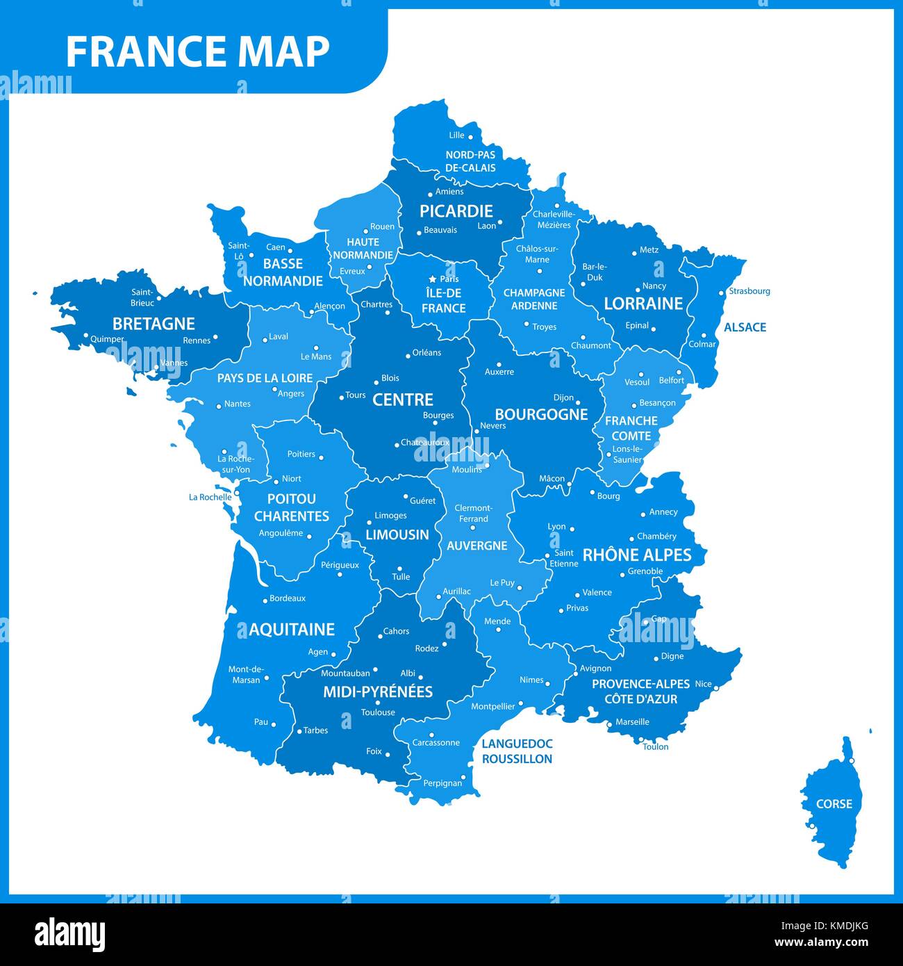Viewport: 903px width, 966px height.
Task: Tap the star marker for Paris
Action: pyautogui.click(x=432, y=279)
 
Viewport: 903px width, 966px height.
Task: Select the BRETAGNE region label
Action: pyautogui.click(x=154, y=324)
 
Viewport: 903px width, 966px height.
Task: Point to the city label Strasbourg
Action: pyautogui.click(x=749, y=291)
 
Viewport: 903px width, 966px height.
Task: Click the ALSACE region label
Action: pyautogui.click(x=745, y=327)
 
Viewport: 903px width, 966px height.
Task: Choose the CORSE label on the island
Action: pyautogui.click(x=834, y=804)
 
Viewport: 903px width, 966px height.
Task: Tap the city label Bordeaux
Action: pyautogui.click(x=288, y=598)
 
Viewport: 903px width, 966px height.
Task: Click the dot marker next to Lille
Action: pyautogui.click(x=470, y=137)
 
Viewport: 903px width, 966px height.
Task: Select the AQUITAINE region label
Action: pyautogui.click(x=292, y=630)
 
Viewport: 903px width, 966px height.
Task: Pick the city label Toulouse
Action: pyautogui.click(x=378, y=712)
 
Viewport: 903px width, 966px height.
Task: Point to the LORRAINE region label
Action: pyautogui.click(x=643, y=304)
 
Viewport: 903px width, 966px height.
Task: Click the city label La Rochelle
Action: pyautogui.click(x=210, y=498)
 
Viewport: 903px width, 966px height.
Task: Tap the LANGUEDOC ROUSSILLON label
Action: pyautogui.click(x=517, y=751)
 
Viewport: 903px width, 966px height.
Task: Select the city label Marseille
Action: pyautogui.click(x=632, y=722)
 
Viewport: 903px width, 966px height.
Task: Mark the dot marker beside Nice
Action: pyautogui.click(x=718, y=685)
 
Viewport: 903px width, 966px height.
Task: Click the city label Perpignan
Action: pyautogui.click(x=442, y=783)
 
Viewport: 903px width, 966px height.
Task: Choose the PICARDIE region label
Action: pyautogui.click(x=456, y=211)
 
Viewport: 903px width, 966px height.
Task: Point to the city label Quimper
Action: pyautogui.click(x=108, y=340)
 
